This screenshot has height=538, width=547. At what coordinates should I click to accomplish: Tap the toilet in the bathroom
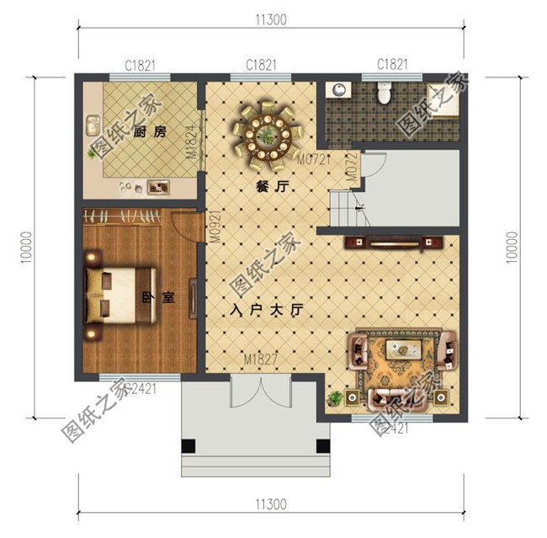click(x=384, y=94)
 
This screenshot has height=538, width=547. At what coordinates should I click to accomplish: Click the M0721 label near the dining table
click(x=311, y=158)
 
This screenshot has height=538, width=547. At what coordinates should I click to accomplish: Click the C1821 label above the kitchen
click(x=140, y=64)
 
